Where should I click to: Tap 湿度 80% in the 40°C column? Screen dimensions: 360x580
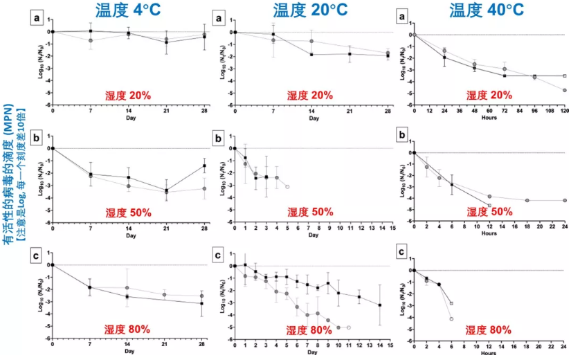(489, 329)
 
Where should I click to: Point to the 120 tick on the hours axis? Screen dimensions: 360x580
(564, 111)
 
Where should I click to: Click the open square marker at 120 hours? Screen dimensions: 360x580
(564, 75)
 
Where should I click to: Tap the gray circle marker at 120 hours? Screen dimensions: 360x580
(564, 90)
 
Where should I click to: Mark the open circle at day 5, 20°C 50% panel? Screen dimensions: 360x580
(287, 187)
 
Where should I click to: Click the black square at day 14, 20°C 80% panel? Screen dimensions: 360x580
(379, 305)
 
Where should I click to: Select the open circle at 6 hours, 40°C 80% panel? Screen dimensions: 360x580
(451, 318)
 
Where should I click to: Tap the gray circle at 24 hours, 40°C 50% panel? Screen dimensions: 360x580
(564, 200)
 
